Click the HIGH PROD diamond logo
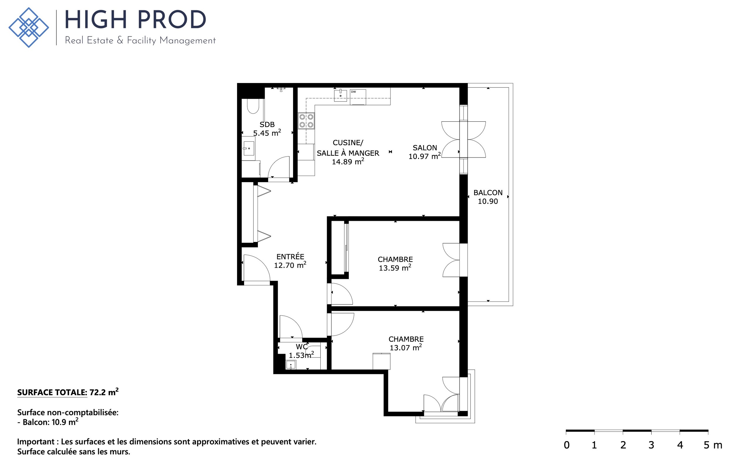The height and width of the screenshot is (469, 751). (28, 27)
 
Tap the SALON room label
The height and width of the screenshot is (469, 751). (425, 152)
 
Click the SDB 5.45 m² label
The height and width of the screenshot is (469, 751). (267, 129)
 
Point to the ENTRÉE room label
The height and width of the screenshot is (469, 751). (290, 261)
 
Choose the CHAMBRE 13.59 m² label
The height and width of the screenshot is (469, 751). (395, 264)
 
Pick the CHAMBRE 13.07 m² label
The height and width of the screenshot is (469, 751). (406, 343)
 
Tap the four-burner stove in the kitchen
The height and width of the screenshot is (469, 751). (306, 121)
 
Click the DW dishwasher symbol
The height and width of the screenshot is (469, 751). (358, 97)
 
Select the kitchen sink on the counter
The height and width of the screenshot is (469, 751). (340, 95)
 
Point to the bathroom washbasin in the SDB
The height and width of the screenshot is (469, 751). (249, 148)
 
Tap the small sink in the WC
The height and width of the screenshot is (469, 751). (291, 365)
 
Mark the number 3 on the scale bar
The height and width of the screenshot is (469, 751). (652, 445)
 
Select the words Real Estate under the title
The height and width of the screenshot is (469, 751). (89, 40)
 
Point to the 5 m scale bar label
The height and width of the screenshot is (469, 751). (713, 445)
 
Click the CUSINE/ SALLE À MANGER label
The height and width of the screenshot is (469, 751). (348, 152)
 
